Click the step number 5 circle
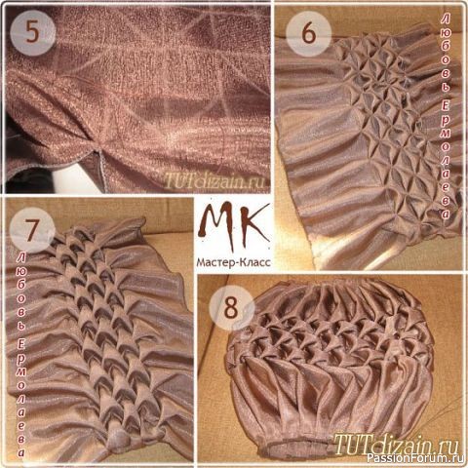click(33, 33)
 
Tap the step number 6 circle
click(308, 33)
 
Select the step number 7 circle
click(32, 231)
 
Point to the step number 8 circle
click(231, 308)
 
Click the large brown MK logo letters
click(233, 225)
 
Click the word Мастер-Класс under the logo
click(233, 262)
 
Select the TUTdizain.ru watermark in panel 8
click(396, 444)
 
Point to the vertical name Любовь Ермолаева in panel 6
click(446, 117)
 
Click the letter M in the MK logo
click(216, 226)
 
